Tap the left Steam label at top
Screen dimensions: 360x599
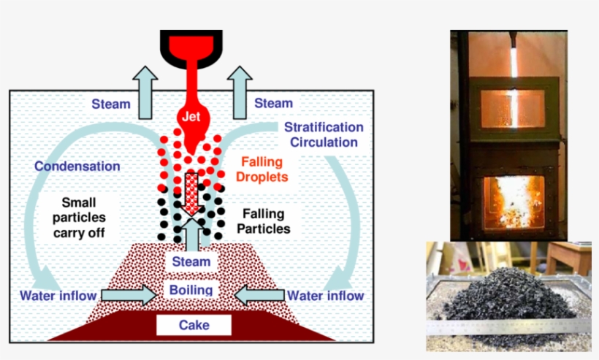coord(111,104)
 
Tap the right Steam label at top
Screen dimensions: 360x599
coord(273,104)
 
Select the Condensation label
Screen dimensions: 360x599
coord(77,166)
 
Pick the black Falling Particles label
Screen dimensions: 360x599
coord(265,222)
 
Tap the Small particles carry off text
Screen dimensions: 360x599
coord(83,218)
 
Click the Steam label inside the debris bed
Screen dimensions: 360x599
coord(191,261)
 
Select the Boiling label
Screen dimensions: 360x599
coord(191,290)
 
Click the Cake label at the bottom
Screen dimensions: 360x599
coord(194,325)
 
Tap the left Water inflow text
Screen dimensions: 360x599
coord(58,296)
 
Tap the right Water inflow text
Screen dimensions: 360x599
coord(325,296)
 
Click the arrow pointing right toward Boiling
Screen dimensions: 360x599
coord(128,295)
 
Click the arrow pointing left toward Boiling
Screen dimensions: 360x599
coord(259,295)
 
